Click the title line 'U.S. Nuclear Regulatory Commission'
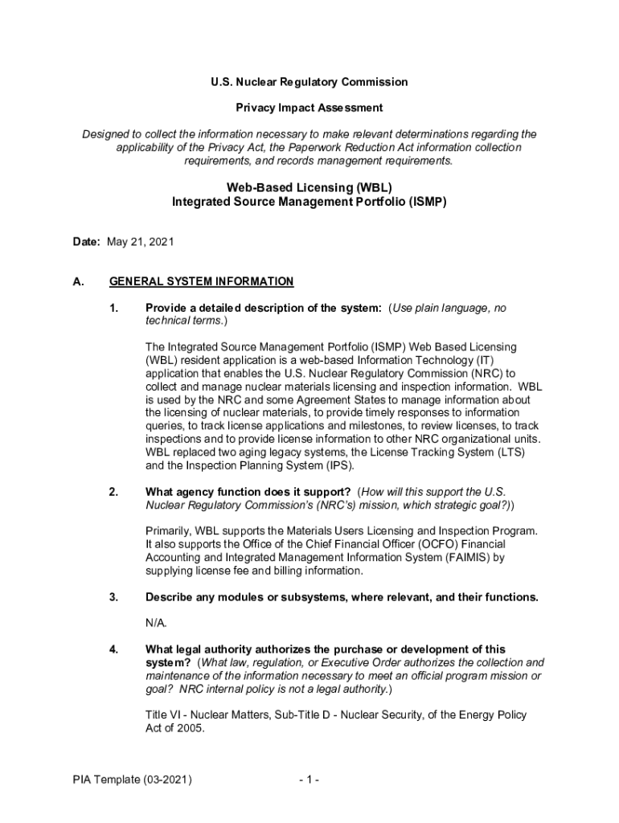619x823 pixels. pyautogui.click(x=309, y=82)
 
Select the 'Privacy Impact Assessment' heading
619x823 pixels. pyautogui.click(x=309, y=108)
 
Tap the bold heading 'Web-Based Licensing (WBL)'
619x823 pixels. pyautogui.click(x=309, y=187)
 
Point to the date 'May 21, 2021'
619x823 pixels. pyautogui.click(x=140, y=241)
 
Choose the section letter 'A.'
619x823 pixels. pyautogui.click(x=79, y=282)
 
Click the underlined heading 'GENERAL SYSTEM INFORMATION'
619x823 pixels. pyautogui.click(x=202, y=282)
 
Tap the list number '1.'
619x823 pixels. pyautogui.click(x=114, y=309)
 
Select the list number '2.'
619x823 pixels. pyautogui.click(x=114, y=492)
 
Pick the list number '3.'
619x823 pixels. pyautogui.click(x=114, y=597)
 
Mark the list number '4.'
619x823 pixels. pyautogui.click(x=114, y=649)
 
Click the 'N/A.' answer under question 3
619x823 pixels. pyautogui.click(x=157, y=623)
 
